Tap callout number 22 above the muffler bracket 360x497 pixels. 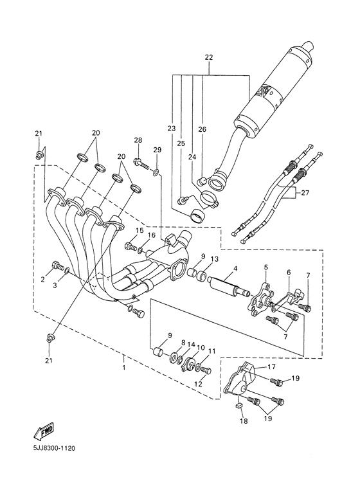point(209,58)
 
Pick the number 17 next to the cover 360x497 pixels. point(272,368)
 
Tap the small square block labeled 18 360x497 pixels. point(237,406)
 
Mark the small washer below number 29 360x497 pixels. point(156,173)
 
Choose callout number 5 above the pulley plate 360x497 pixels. point(265,267)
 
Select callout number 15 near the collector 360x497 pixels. point(139,231)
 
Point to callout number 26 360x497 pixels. point(202,129)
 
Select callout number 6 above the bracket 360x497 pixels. point(289,273)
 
